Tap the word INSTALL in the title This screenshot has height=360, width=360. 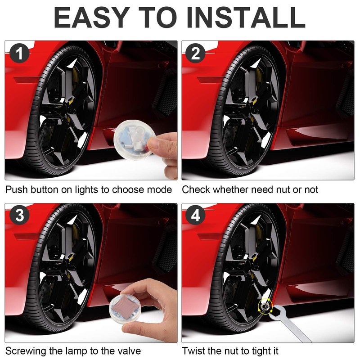click(246, 18)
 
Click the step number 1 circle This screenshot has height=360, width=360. click(19, 53)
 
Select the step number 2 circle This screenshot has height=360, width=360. click(195, 53)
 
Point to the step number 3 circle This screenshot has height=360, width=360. click(19, 216)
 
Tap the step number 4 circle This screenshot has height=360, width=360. click(195, 216)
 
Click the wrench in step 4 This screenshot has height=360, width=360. click(289, 323)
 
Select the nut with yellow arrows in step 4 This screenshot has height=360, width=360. click(265, 306)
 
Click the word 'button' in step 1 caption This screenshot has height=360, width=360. click(45, 190)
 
